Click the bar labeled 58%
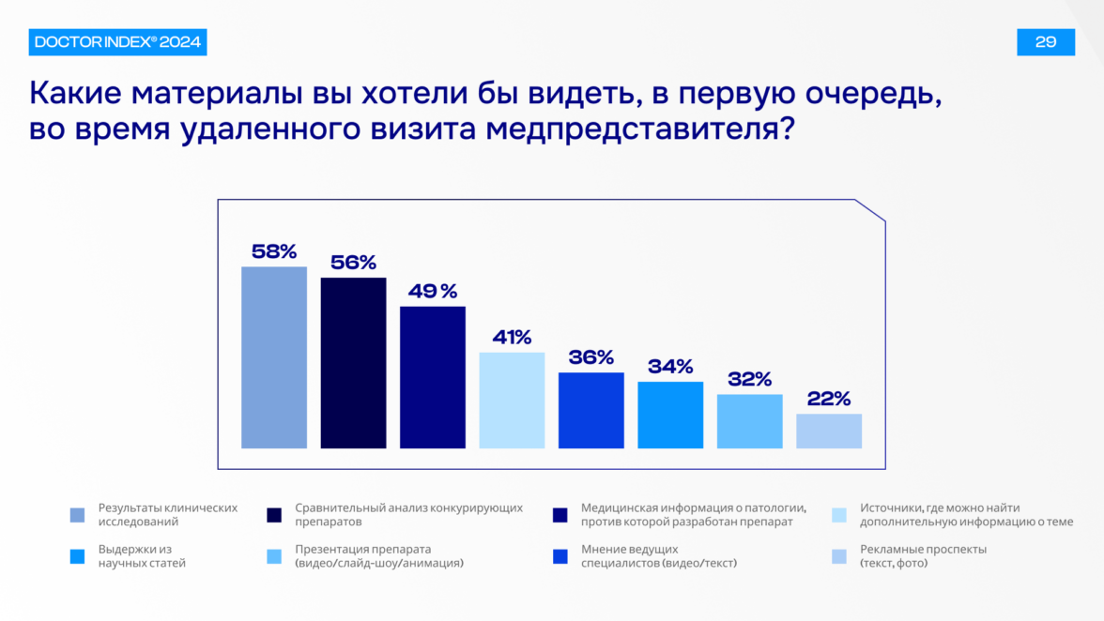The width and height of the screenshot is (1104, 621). pos(274,357)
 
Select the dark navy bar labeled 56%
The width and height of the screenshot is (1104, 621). pos(353,363)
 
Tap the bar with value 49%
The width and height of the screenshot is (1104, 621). pos(433,377)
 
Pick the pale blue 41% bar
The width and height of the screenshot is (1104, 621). pos(512,401)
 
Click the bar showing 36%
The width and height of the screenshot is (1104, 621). pos(591,411)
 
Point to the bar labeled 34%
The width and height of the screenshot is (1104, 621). pos(670,415)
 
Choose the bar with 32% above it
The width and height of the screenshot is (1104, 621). pos(750,421)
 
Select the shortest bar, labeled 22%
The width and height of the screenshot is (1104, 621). pos(829,431)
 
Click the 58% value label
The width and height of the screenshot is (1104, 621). pos(274,251)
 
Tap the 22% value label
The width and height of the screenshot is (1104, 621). pos(829,399)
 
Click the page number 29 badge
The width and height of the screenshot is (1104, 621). pos(1046,42)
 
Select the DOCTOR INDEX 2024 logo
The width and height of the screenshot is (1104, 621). pos(118,42)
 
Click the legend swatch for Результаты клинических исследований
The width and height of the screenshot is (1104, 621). pos(78,515)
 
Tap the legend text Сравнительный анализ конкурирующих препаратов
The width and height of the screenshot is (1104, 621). pos(408,514)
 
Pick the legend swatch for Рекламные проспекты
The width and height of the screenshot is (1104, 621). pos(839,556)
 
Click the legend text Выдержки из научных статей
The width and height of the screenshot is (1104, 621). pos(142,556)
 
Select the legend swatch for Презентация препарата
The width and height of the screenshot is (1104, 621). pos(274,556)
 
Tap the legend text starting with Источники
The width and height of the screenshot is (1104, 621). pos(953,514)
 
